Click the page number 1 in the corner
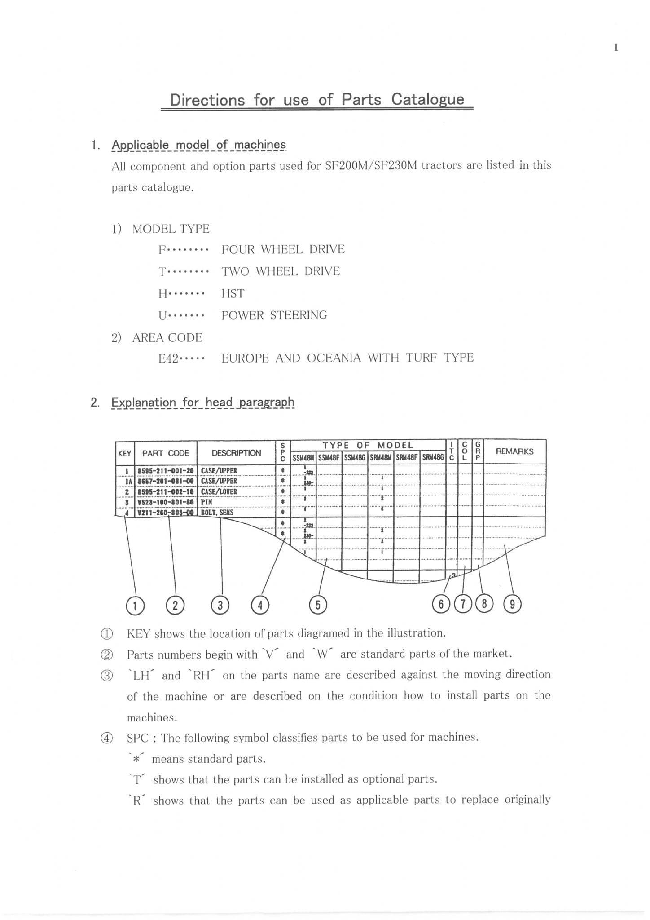click(616, 47)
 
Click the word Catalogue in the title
click(427, 99)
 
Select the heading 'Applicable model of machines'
click(198, 145)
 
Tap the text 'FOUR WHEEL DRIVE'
click(283, 249)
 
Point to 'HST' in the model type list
click(233, 293)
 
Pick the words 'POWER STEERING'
click(274, 315)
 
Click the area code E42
click(169, 358)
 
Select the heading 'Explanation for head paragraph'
click(202, 402)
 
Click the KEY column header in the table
click(124, 453)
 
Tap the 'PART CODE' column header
click(165, 453)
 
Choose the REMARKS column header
click(514, 451)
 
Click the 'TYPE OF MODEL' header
click(368, 445)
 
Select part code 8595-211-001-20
click(166, 470)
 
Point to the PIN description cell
click(206, 502)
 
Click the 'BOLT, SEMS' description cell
click(217, 512)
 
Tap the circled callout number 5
click(318, 605)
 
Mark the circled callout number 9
click(513, 604)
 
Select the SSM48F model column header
click(329, 458)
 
